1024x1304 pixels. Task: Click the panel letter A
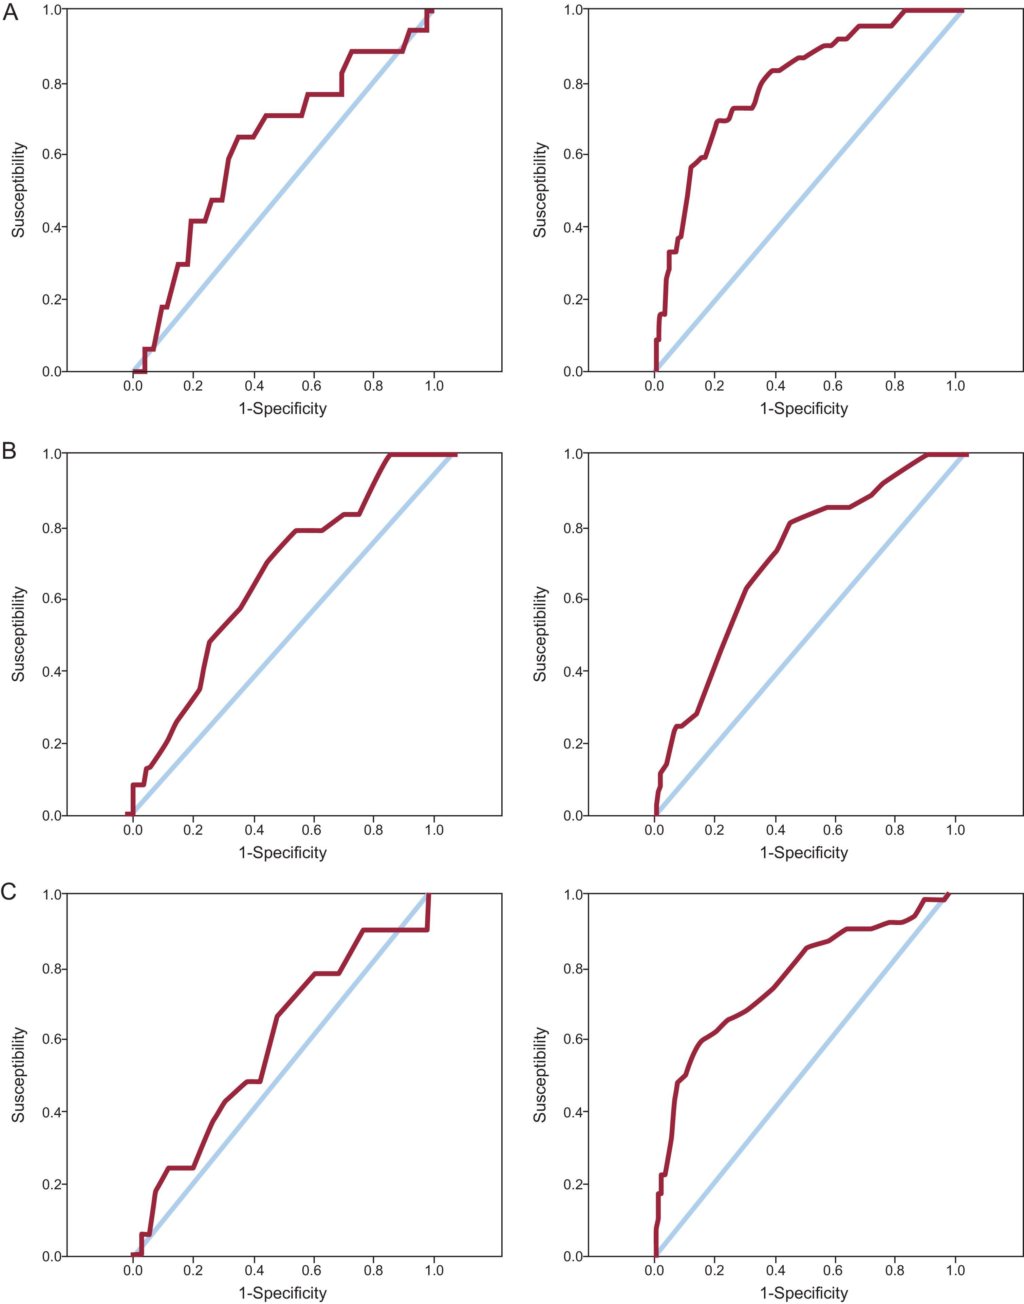pyautogui.click(x=10, y=13)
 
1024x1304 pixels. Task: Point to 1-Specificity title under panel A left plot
pyautogui.click(x=282, y=409)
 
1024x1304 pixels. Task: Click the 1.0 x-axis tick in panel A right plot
pyautogui.click(x=955, y=386)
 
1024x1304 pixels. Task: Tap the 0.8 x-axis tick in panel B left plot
pyautogui.click(x=373, y=830)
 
